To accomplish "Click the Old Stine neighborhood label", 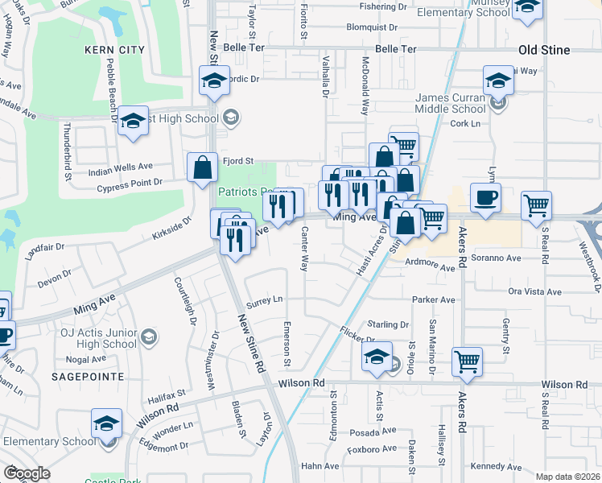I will [544, 50].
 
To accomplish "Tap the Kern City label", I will [115, 50].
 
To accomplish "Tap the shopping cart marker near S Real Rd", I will [536, 205].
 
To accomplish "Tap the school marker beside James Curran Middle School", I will [499, 80].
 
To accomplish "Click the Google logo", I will [27, 473].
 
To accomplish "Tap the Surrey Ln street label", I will [266, 298].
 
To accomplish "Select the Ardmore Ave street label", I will [430, 262].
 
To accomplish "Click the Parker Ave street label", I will [434, 299].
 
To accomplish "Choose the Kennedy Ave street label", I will [497, 466].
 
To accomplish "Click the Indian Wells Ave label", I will [120, 167].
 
